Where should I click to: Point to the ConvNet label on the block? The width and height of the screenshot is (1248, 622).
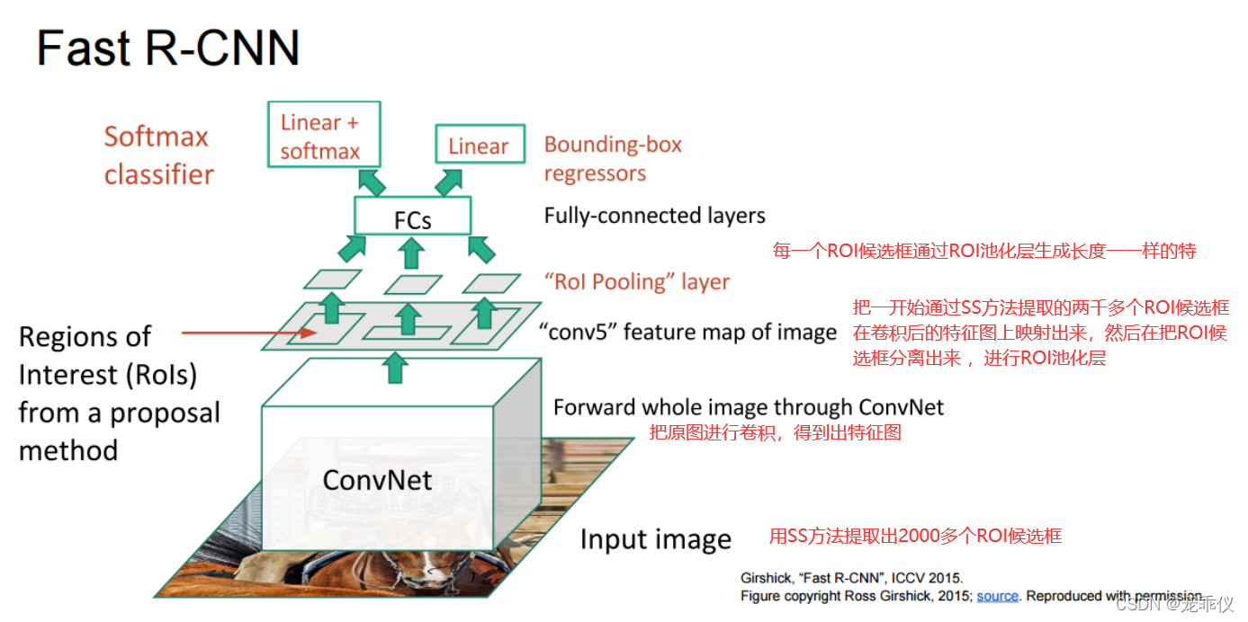[377, 479]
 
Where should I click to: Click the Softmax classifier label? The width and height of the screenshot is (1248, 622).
[158, 155]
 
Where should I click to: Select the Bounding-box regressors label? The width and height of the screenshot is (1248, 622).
[613, 158]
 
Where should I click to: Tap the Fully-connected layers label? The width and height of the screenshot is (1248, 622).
[654, 216]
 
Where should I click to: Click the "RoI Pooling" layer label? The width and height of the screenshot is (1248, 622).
[635, 282]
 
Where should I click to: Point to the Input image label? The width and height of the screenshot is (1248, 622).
[655, 539]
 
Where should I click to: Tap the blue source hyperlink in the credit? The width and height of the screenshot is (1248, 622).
[997, 596]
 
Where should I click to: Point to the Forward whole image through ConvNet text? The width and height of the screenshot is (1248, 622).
[748, 407]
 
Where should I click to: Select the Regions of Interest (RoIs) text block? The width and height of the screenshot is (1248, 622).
[118, 393]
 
